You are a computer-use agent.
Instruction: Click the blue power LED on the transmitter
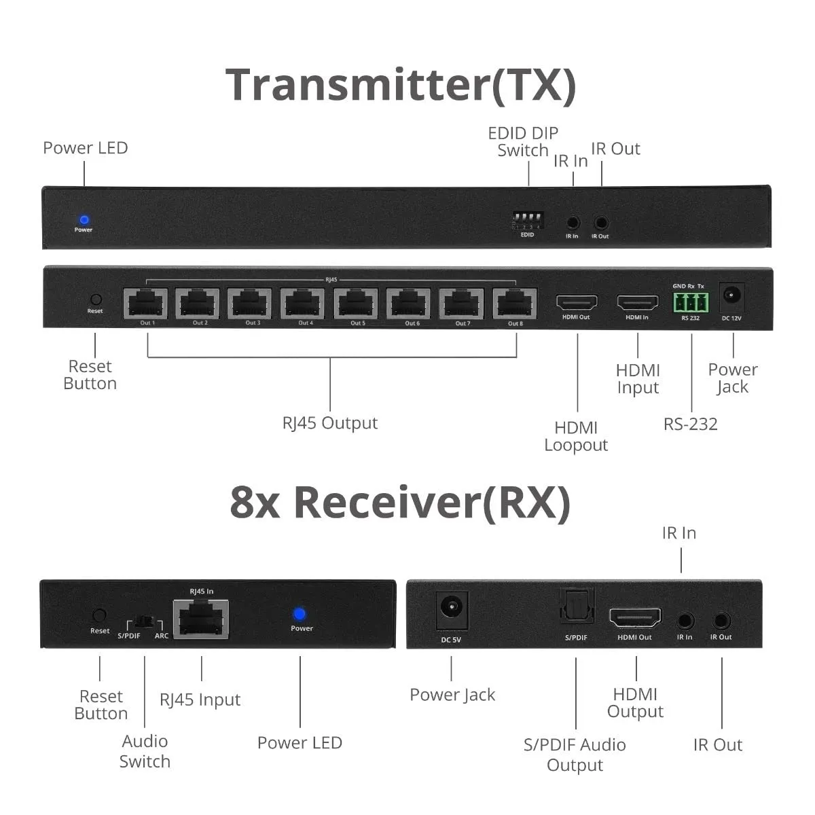(x=84, y=220)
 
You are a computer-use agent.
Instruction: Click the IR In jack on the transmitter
(x=573, y=222)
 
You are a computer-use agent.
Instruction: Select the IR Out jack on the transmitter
(x=601, y=222)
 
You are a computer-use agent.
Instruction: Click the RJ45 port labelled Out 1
(x=145, y=304)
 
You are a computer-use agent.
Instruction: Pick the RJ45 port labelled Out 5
(x=357, y=304)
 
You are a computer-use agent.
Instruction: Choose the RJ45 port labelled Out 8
(x=515, y=304)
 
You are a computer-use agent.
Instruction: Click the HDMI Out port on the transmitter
(x=577, y=302)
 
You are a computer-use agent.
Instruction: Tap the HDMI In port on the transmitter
(x=637, y=302)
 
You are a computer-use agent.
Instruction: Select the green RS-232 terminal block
(x=690, y=302)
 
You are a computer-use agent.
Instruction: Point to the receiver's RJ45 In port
(x=200, y=619)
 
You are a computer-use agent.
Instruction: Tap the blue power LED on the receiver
(x=299, y=614)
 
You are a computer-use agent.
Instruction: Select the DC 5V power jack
(x=451, y=606)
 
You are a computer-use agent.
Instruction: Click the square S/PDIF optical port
(x=576, y=606)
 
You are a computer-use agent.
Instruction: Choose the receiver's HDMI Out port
(x=634, y=618)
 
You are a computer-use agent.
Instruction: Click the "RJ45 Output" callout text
(x=330, y=423)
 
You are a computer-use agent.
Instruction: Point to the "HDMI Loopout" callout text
(x=576, y=436)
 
